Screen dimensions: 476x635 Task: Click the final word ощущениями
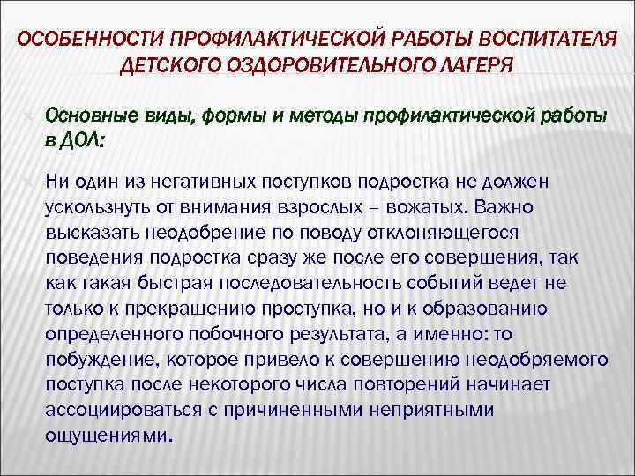click(x=108, y=436)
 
